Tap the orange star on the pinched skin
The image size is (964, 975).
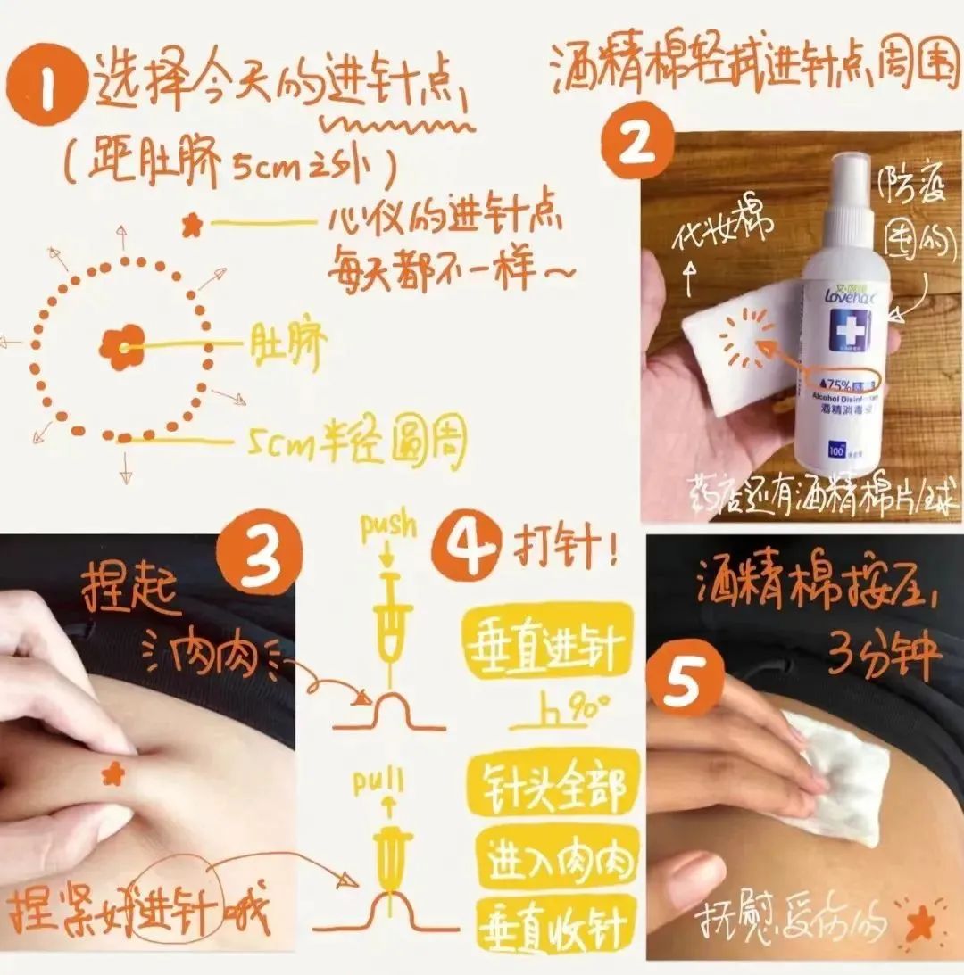112,773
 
